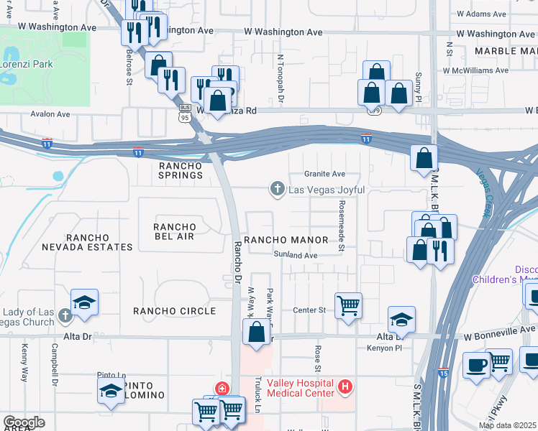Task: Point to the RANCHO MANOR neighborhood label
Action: (x=286, y=240)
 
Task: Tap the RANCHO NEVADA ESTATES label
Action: (x=98, y=242)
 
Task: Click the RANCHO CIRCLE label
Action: (x=175, y=311)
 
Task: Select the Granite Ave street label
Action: (x=324, y=174)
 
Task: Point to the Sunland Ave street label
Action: (x=295, y=255)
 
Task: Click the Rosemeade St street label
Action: (x=341, y=226)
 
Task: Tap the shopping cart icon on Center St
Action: (x=348, y=305)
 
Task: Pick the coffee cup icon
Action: (x=476, y=364)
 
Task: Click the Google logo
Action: (x=24, y=422)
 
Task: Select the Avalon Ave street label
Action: (x=50, y=114)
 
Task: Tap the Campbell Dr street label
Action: (x=55, y=366)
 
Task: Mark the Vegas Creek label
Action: (x=491, y=193)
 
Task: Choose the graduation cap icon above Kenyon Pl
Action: (x=401, y=319)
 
